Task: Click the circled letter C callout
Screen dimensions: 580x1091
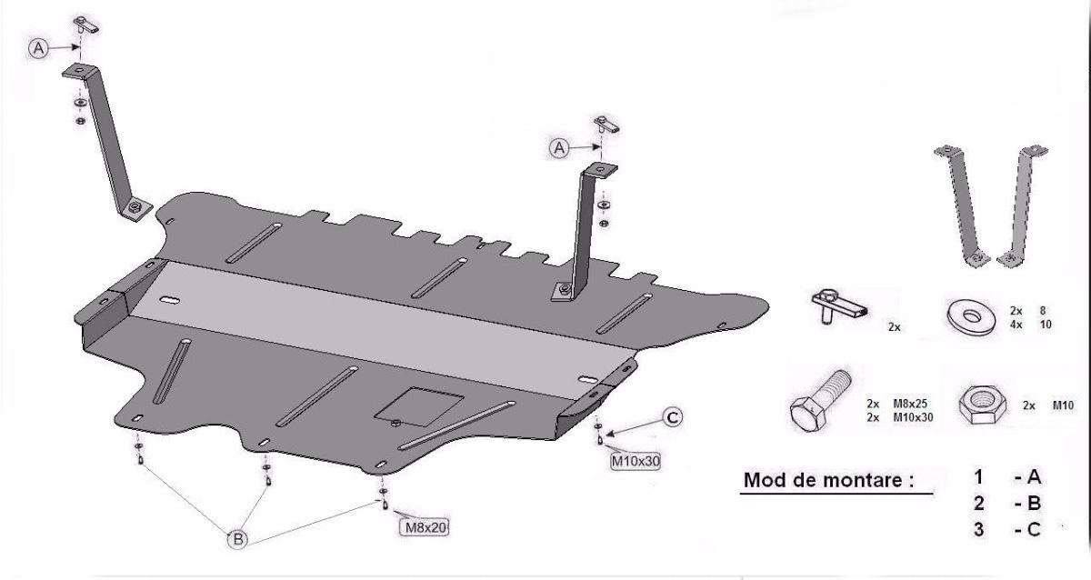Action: click(x=671, y=417)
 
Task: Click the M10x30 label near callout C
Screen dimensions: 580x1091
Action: click(x=635, y=461)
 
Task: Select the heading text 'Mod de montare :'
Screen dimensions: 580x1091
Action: click(x=826, y=480)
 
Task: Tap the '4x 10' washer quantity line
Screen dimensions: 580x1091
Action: click(x=1029, y=324)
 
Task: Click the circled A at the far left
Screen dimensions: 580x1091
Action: click(x=38, y=49)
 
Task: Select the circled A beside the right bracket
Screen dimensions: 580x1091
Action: click(x=559, y=145)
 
